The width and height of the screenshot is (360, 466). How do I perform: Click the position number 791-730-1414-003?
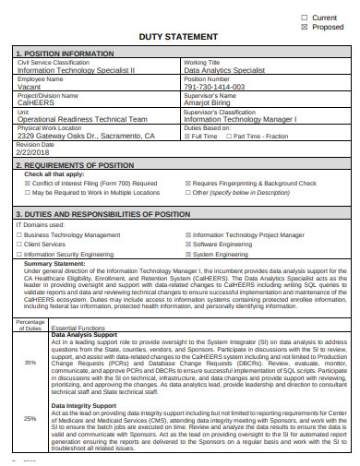215,87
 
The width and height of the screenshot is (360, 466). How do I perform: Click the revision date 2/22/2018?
35,151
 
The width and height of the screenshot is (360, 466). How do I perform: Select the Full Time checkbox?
187,136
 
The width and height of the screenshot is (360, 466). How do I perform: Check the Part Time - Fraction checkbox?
228,136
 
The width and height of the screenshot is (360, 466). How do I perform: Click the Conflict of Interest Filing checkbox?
19,184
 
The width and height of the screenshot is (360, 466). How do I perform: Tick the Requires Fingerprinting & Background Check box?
187,184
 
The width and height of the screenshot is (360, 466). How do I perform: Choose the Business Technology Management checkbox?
19,235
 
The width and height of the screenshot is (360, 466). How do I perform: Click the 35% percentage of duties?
30,362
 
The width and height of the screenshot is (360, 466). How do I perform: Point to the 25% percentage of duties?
30,419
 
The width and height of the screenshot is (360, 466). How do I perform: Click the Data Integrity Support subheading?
83,405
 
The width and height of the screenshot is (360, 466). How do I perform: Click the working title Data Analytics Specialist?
224,70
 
